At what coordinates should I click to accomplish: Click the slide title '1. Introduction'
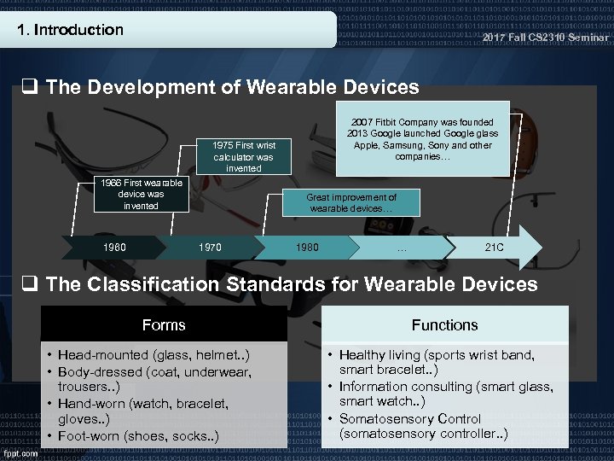[71, 30]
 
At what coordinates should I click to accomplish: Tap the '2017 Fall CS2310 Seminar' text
[545, 38]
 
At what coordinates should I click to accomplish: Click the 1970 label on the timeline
[209, 248]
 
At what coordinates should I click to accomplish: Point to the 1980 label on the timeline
[307, 248]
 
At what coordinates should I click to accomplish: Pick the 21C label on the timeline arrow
[494, 248]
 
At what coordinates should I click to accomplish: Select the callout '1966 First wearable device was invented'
[140, 194]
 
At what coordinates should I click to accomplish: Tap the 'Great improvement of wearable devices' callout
[352, 203]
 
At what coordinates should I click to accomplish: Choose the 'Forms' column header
[164, 325]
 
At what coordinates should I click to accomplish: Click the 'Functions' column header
[444, 325]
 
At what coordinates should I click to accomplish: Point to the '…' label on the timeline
[401, 248]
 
